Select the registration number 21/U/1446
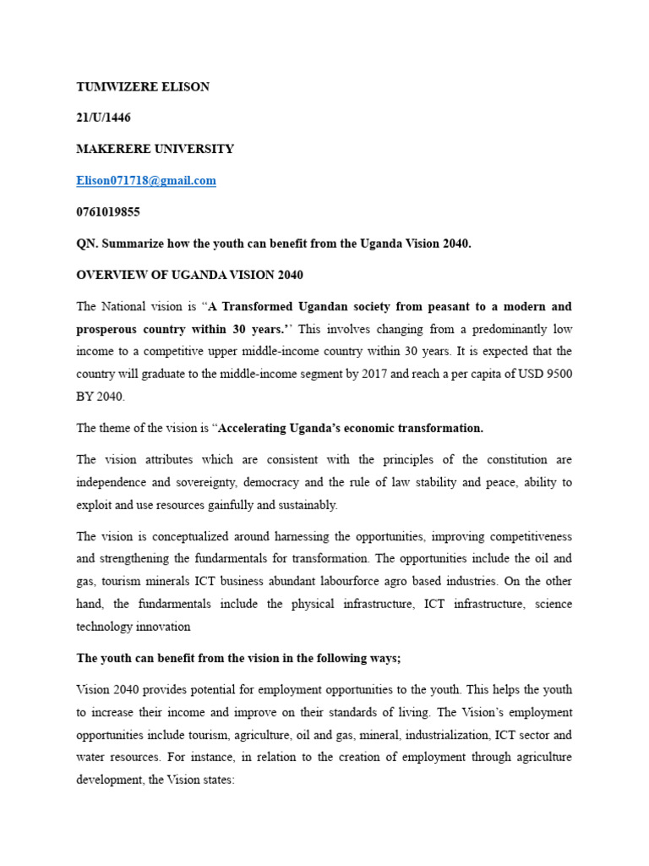click(x=104, y=118)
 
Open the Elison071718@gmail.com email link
click(x=146, y=180)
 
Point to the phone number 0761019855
click(x=108, y=211)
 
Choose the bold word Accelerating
click(x=254, y=428)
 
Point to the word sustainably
click(x=308, y=504)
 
